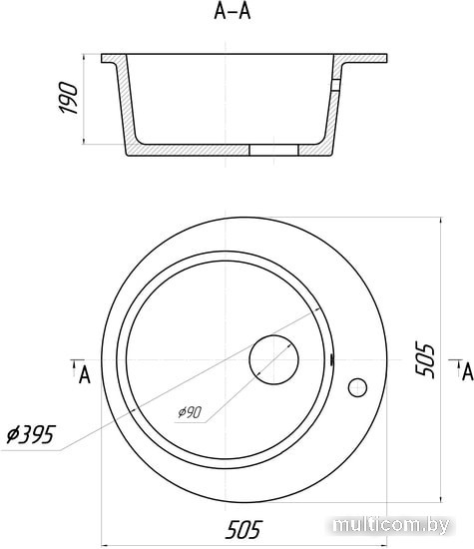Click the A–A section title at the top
click(233, 11)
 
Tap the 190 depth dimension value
click(68, 98)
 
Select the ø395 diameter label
click(31, 434)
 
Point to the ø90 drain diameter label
click(190, 412)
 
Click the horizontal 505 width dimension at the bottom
click(243, 529)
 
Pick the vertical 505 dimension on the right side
click(425, 359)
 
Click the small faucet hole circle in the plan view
click(357, 387)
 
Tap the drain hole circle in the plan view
click(273, 360)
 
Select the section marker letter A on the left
click(85, 375)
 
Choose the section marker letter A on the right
click(468, 372)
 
